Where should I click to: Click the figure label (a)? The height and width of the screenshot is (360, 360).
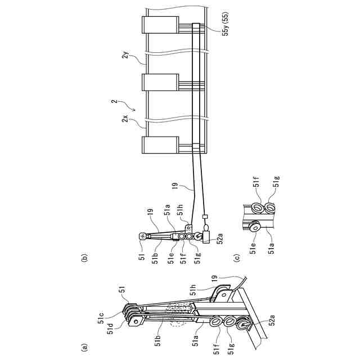(84, 347)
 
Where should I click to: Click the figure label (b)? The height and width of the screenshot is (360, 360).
(84, 259)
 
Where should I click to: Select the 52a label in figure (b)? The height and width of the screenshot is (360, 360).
(220, 239)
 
